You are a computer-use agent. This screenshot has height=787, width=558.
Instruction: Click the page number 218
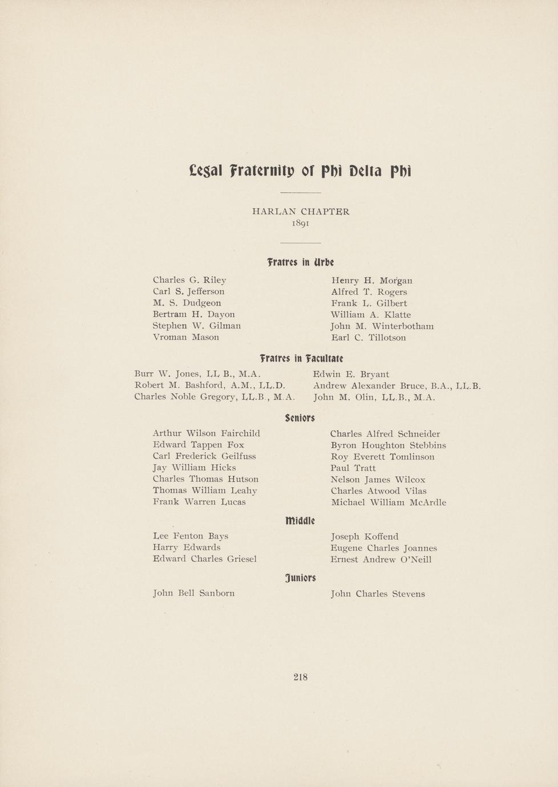[x=301, y=677]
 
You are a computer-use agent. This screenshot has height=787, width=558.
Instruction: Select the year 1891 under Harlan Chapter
[x=301, y=224]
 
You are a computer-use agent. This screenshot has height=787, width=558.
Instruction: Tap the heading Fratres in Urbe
[x=300, y=262]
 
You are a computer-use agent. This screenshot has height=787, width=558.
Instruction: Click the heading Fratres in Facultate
[x=301, y=358]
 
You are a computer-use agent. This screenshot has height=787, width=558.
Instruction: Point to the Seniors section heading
[x=300, y=418]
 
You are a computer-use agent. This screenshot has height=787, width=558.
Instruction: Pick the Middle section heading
[x=300, y=521]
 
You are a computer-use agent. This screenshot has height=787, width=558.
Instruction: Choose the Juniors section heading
[x=301, y=578]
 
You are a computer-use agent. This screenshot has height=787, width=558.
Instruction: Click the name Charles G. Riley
[x=189, y=280]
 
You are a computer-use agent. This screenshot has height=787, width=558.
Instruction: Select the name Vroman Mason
[x=186, y=337]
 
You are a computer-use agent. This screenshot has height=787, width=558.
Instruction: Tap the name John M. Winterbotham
[x=382, y=326]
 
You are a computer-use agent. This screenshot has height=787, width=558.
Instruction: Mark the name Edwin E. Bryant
[x=351, y=374]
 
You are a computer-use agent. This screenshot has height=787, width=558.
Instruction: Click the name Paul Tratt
[x=353, y=468]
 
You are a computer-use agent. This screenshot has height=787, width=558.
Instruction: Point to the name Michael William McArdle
[x=388, y=502]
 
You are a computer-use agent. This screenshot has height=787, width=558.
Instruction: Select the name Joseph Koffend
[x=365, y=537]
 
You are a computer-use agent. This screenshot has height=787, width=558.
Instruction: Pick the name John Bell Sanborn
[x=194, y=593]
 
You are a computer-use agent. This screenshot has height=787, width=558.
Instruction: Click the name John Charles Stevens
[x=377, y=594]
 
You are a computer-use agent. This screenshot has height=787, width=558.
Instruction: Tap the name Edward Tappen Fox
[x=199, y=445]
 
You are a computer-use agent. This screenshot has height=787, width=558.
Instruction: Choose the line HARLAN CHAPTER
[x=301, y=212]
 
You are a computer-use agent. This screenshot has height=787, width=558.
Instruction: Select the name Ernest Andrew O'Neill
[x=381, y=559]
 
